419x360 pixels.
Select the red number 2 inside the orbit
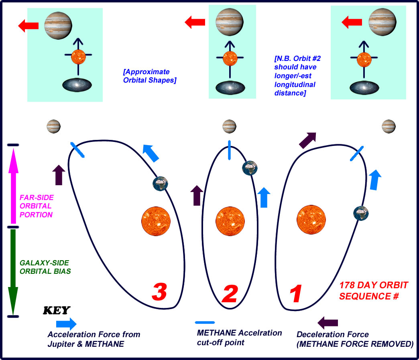(230, 293)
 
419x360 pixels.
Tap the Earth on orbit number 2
(250, 168)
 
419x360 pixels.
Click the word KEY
(56, 310)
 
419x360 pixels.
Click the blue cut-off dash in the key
(205, 322)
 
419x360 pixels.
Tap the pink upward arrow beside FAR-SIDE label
(13, 185)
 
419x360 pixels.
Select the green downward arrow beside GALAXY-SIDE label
(13, 272)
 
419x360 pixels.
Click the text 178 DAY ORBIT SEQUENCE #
(374, 291)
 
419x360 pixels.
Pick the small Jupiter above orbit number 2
(229, 126)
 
